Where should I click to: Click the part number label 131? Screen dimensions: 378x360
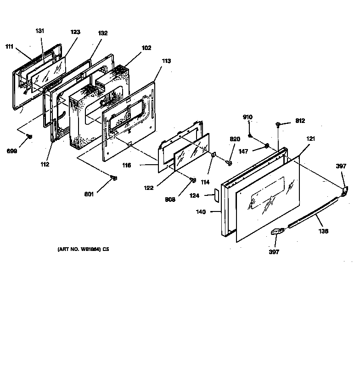(40, 31)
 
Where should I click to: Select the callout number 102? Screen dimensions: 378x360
(147, 48)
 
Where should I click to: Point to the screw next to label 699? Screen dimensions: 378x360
(29, 136)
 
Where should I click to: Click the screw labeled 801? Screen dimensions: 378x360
(115, 178)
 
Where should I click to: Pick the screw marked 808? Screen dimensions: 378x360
(193, 179)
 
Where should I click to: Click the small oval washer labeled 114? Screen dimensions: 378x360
(214, 156)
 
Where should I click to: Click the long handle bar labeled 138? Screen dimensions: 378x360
(312, 212)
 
